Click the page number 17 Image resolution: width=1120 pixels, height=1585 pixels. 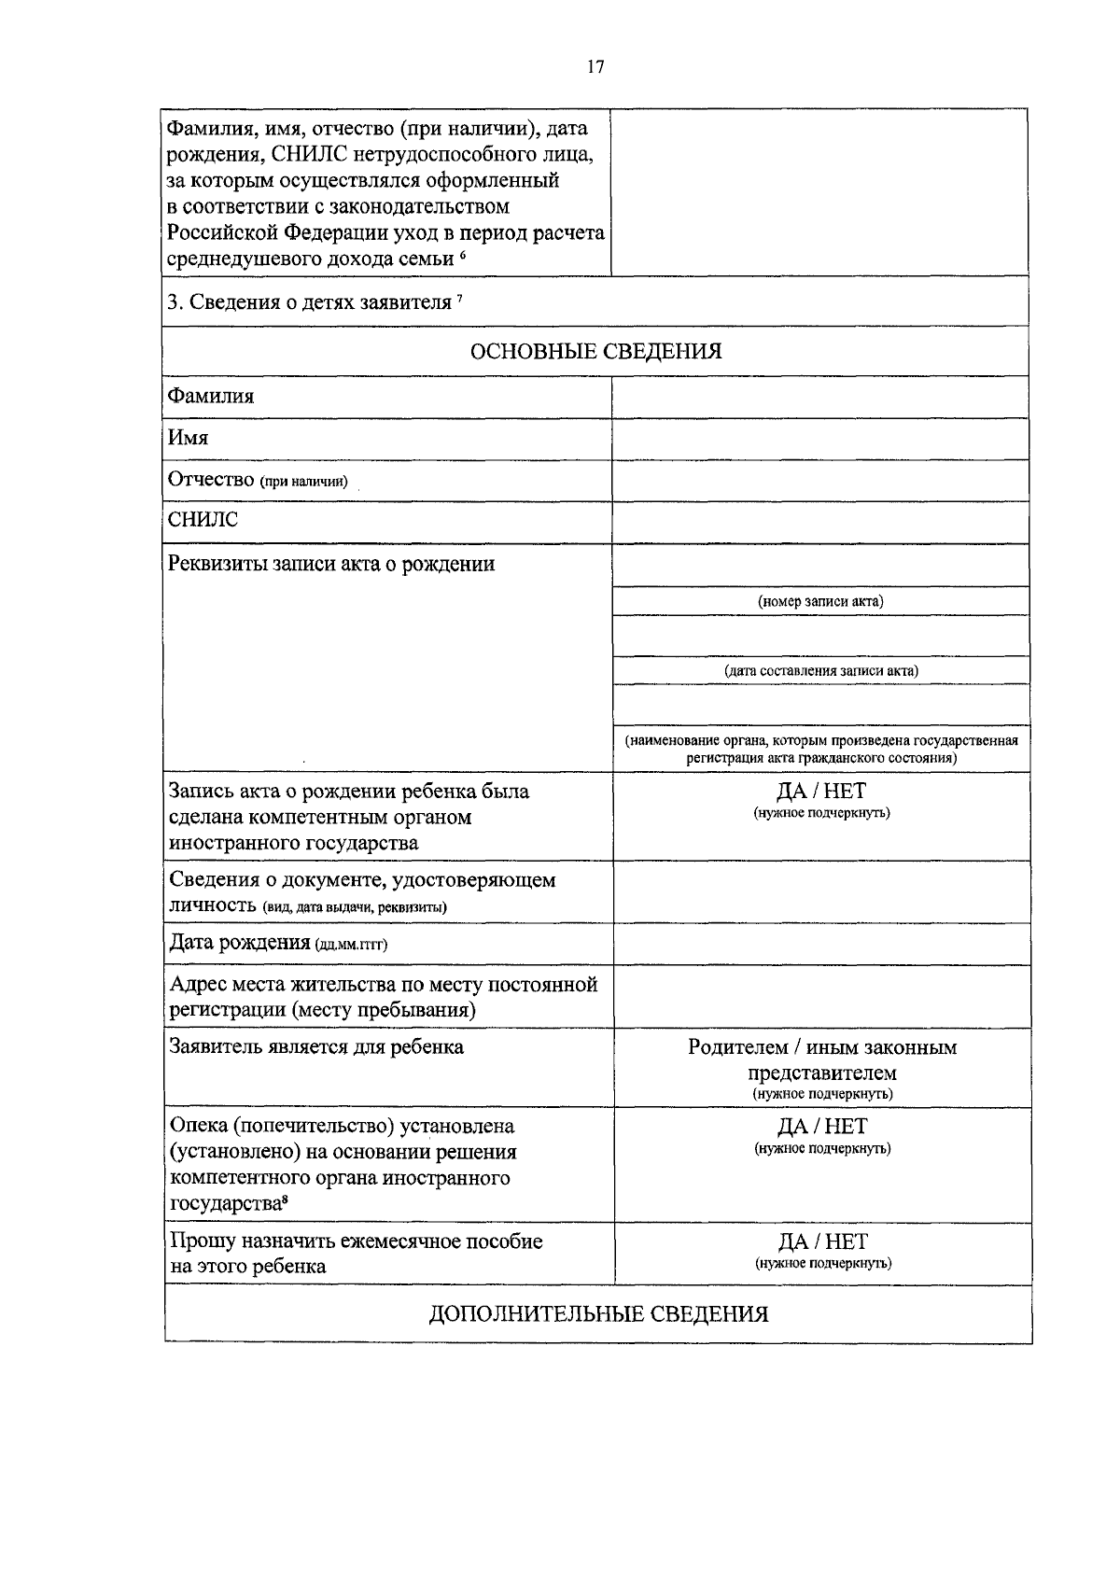595,66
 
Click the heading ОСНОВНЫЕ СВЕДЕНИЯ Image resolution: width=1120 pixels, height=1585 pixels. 595,351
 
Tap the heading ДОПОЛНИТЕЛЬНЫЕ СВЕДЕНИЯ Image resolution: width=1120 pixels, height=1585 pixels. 597,1314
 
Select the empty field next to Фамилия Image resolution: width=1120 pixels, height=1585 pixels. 819,397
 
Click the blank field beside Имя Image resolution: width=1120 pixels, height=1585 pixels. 819,439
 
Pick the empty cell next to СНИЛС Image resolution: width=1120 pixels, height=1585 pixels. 819,522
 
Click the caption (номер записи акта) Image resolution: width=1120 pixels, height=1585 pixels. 820,601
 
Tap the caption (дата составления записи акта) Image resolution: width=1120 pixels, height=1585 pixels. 820,670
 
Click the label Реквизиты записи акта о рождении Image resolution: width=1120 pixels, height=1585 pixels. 331,564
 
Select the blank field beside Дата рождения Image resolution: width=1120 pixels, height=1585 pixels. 820,944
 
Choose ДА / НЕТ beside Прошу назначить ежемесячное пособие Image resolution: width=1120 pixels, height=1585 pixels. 822,1241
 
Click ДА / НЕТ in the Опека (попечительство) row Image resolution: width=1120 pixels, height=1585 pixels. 822,1126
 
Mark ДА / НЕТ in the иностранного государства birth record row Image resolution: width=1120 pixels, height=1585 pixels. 821,792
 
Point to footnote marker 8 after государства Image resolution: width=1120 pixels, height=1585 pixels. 284,1200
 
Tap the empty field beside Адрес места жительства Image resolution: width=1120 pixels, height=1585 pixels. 820,996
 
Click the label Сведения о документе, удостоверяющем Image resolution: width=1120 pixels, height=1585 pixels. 362,880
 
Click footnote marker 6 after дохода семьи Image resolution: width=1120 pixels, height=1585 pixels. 463,255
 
